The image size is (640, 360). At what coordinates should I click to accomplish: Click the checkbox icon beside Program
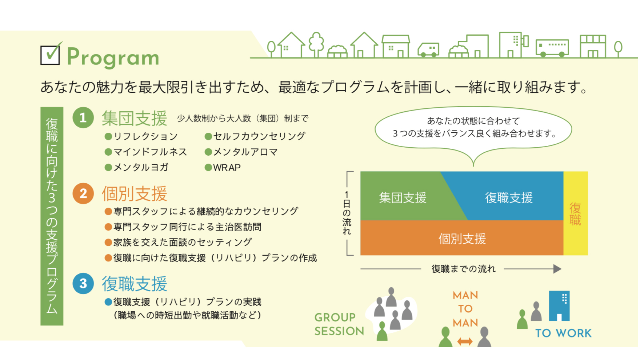[x=51, y=54]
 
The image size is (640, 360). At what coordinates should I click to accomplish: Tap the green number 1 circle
[x=83, y=118]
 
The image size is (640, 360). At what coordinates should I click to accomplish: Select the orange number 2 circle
[x=83, y=193]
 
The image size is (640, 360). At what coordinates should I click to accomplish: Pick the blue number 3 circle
[x=83, y=283]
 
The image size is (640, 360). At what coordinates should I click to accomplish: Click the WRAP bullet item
[x=223, y=168]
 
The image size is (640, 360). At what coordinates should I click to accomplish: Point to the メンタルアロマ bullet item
[x=241, y=152]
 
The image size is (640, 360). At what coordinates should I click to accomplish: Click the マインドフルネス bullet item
[x=146, y=152]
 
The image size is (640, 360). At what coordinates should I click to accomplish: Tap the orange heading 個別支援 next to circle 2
[x=135, y=193]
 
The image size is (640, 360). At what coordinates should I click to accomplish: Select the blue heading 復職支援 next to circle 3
[x=135, y=284]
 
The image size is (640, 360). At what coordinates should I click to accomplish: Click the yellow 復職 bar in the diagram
[x=576, y=213]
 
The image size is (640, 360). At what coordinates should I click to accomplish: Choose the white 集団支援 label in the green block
[x=403, y=198]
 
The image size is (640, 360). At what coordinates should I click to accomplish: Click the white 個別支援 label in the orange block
[x=462, y=239]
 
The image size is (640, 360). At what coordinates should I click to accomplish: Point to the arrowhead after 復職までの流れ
[x=557, y=269]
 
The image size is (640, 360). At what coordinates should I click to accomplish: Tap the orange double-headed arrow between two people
[x=465, y=341]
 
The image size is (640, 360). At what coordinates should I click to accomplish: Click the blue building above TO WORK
[x=559, y=306]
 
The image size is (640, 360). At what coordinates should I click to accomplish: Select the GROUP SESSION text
[x=339, y=324]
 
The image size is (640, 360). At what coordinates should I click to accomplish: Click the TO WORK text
[x=564, y=333]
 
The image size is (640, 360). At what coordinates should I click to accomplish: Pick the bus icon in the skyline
[x=552, y=48]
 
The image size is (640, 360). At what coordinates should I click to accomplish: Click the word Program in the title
[x=113, y=57]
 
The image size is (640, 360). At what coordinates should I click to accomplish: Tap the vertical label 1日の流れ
[x=347, y=213]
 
